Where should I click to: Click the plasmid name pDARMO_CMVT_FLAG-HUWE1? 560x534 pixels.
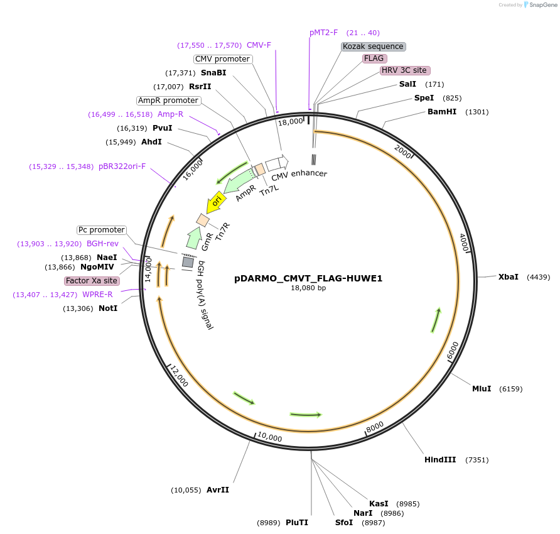308,278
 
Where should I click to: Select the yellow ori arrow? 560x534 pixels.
215,202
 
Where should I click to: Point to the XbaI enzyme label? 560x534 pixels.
509,276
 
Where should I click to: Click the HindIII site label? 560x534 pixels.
440,460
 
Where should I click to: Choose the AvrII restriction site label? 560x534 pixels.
218,489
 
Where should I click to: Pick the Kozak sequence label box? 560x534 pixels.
373,46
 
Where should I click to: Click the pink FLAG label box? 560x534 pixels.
374,58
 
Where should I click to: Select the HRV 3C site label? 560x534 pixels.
405,70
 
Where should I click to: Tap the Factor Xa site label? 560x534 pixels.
92,281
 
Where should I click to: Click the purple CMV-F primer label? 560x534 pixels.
259,45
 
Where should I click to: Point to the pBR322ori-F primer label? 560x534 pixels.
122,166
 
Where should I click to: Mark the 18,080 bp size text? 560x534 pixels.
308,288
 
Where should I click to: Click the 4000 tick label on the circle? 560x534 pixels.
465,242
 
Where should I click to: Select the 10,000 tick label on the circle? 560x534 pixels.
269,437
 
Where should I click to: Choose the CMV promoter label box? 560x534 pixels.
223,59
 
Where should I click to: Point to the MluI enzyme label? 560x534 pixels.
482,389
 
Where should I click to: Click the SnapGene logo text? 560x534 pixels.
541,5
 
